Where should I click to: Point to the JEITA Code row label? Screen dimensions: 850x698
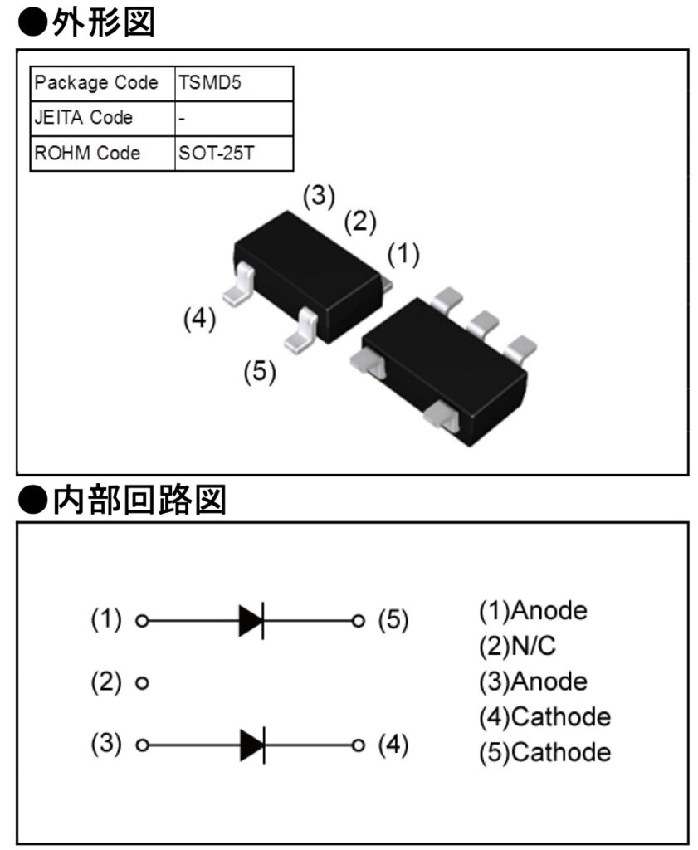83,118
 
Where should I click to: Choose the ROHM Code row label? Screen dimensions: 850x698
87,154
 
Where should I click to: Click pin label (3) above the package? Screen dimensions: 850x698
318,196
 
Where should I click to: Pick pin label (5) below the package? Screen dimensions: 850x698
259,371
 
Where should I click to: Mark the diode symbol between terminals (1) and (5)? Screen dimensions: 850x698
251,620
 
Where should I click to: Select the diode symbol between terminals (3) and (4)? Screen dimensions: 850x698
251,745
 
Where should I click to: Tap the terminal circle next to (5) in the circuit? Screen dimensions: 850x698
358,620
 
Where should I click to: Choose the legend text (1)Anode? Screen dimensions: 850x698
533,611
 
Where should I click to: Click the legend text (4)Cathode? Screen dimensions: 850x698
544,716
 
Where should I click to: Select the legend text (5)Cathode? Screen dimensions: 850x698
544,752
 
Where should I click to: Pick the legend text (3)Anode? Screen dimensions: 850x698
533,681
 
